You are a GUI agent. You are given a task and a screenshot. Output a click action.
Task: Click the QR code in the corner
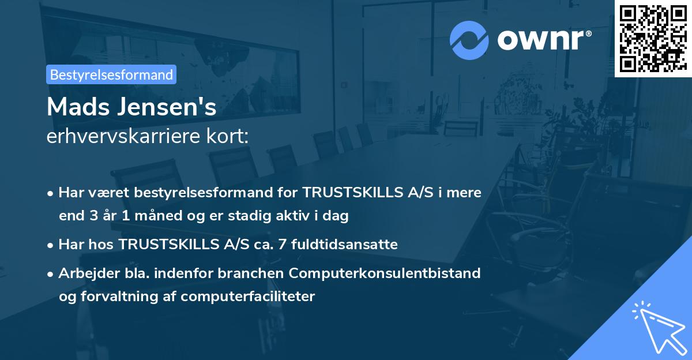[653, 39]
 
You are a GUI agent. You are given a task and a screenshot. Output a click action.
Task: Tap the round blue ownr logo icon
[469, 39]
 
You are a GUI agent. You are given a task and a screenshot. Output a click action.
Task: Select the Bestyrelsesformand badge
[111, 74]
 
